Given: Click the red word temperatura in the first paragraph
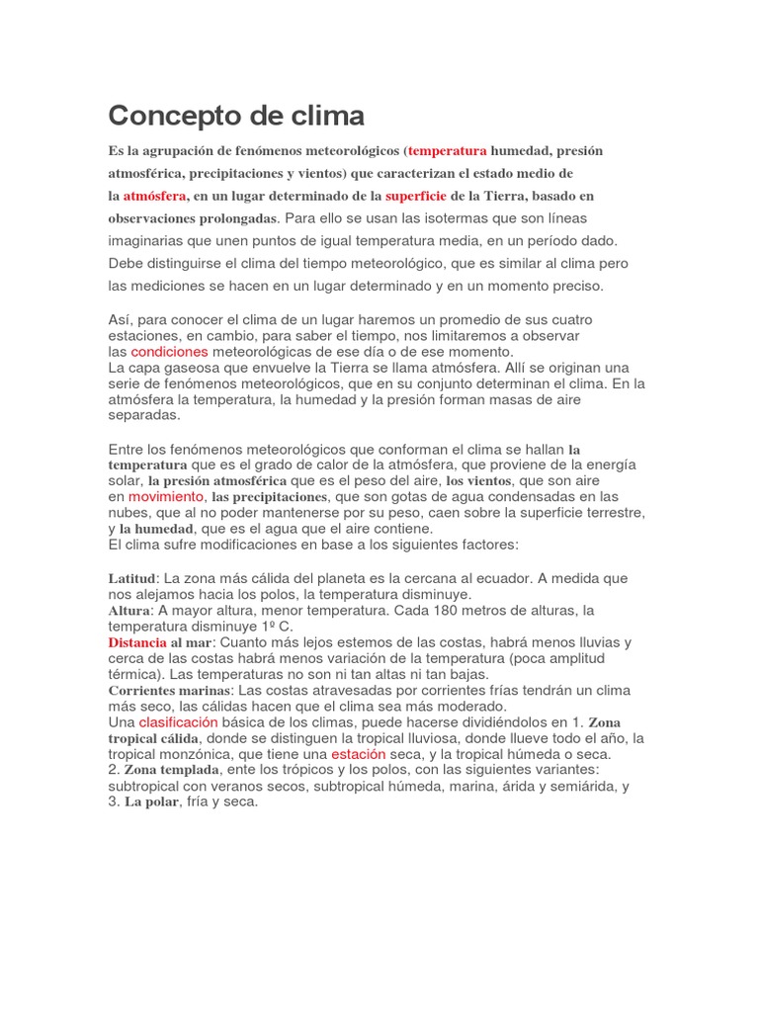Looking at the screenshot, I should click(448, 151).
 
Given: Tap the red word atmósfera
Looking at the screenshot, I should click(155, 196).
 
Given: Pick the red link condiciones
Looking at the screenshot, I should click(169, 352).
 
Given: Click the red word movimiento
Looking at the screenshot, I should click(166, 496).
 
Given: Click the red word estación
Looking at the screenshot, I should click(358, 754).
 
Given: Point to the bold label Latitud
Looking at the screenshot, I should click(131, 578).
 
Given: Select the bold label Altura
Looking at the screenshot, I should click(127, 611).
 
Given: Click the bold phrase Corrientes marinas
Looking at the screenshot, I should click(169, 691).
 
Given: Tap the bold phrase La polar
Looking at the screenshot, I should click(150, 802).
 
